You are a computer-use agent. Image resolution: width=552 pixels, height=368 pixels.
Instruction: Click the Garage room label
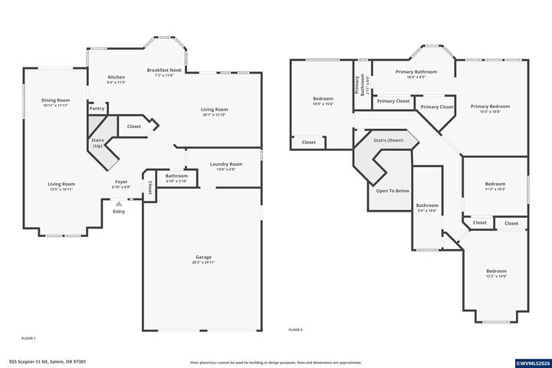[x=203, y=258]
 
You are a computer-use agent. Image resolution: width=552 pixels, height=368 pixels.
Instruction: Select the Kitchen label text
[x=117, y=78]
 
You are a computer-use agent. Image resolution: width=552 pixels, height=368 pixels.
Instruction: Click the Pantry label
[x=97, y=109]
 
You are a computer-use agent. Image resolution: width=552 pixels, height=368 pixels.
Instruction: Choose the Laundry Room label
[x=225, y=165]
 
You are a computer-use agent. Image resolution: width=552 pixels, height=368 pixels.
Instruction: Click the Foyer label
[x=121, y=183]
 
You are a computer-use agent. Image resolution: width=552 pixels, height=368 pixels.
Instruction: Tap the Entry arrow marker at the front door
[x=118, y=205]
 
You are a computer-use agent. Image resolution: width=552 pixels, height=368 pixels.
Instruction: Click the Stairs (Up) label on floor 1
[x=97, y=143]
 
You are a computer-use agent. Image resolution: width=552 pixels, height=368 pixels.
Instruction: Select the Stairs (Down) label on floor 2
[x=388, y=141]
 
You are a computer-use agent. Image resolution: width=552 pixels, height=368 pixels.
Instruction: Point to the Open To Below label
[x=392, y=190]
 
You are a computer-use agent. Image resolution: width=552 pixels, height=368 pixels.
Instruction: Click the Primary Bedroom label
[x=490, y=107]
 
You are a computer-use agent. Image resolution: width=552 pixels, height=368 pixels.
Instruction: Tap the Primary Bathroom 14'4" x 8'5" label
[x=416, y=74]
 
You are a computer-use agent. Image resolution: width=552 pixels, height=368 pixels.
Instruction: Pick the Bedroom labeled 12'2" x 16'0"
[x=496, y=272]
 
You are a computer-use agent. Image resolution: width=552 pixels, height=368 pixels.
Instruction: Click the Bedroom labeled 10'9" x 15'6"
[x=323, y=100]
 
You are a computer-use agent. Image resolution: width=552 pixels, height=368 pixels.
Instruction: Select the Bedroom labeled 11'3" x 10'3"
[x=495, y=186]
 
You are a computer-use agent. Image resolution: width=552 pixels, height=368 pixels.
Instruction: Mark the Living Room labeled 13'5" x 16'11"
[x=61, y=186]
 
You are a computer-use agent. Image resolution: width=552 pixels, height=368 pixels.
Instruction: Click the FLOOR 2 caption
[x=295, y=329]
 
